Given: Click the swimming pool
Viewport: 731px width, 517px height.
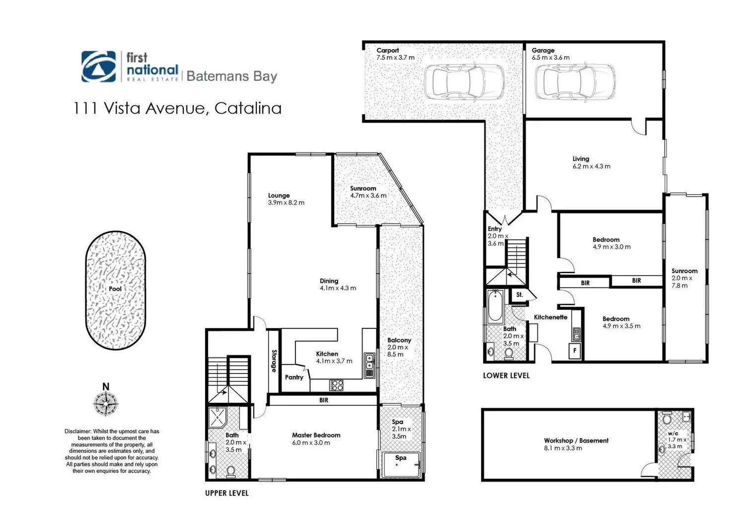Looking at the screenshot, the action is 116,290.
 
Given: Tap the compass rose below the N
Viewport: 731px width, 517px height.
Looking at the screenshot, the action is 106,403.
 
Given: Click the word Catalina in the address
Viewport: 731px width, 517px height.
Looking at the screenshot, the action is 248,108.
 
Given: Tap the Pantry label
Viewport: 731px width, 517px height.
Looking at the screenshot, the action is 294,377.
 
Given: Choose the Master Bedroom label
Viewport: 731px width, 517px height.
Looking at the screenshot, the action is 316,436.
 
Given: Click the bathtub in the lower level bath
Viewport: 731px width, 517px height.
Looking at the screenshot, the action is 495,307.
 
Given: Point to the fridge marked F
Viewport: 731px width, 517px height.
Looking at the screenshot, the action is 575,351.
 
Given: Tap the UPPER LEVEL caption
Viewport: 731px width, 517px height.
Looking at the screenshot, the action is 227,493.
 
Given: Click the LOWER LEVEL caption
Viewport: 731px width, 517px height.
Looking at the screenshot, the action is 506,375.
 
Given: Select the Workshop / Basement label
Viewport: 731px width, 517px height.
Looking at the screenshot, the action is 576,441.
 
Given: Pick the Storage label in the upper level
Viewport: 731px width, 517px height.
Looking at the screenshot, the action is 274,361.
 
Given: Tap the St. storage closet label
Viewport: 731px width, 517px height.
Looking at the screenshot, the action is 519,295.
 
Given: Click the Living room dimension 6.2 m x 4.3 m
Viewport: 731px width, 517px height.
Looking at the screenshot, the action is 591,166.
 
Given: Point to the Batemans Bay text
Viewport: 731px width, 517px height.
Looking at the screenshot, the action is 231,76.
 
